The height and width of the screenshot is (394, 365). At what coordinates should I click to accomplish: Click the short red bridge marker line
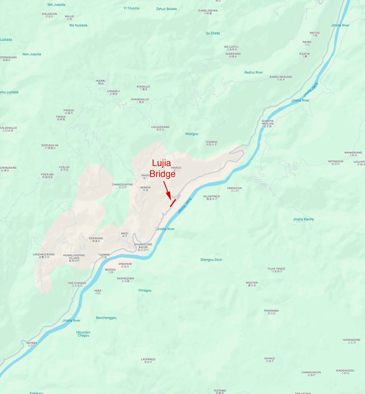pos(173,203)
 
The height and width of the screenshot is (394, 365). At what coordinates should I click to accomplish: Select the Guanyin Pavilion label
pos(267,123)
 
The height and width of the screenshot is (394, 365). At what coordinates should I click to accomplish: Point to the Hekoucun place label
pos(234,189)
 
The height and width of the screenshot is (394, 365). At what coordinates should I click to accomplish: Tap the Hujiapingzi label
pos(212,198)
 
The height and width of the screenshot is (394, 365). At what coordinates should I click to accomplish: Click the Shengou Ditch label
pos(211,260)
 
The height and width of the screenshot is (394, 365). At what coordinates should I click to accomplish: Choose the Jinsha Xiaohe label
pos(303,219)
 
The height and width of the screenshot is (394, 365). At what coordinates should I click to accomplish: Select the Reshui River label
pos(254,72)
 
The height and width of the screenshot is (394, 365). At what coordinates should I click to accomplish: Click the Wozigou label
pos(192,134)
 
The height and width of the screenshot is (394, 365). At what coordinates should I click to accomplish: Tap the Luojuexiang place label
pos(160,128)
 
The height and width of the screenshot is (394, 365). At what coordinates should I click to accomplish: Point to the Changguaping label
pos(122,186)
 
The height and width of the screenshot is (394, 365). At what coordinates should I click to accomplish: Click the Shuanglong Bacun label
pos(143,247)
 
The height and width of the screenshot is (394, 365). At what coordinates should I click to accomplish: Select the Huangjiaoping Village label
pos(74,258)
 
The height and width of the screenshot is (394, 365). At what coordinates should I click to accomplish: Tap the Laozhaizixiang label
pos(44,256)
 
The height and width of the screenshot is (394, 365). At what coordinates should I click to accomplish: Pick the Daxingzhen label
pos(126,280)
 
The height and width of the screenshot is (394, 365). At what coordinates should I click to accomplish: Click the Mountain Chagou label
pos(83,334)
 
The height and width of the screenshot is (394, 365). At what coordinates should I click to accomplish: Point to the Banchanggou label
pos(106,318)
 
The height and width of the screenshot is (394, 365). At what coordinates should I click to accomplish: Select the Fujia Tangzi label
pos(277,270)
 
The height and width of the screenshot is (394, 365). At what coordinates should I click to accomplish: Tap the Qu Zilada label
pos(213,33)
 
